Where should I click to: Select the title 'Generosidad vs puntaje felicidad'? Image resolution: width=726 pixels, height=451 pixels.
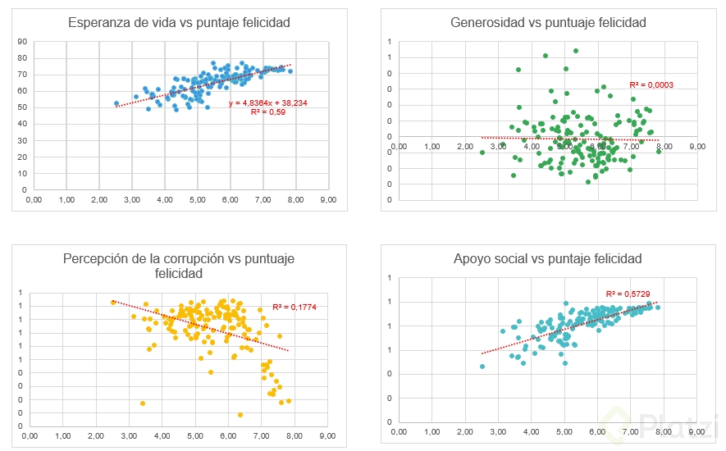[x=548, y=22]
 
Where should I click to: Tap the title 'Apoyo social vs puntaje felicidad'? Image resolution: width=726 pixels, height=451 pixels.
[x=547, y=259]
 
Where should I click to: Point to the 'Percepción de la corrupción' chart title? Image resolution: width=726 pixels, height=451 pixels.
[x=179, y=266]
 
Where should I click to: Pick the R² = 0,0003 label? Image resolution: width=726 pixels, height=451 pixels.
[x=651, y=84]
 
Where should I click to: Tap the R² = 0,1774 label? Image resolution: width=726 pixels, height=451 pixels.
[x=294, y=307]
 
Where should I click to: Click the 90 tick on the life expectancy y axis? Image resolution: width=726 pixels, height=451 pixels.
[x=22, y=41]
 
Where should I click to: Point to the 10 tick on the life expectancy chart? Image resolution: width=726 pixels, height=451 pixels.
[x=22, y=173]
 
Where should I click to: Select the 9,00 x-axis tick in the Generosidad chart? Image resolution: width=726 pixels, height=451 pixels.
[x=696, y=146]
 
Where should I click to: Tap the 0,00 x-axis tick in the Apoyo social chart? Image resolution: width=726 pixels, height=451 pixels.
[x=400, y=431]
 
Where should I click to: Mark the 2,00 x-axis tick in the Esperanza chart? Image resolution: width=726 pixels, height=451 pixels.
[x=99, y=198]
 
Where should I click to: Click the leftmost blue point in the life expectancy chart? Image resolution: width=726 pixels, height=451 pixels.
[x=116, y=103]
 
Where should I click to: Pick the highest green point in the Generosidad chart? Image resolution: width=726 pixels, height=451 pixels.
[x=576, y=50]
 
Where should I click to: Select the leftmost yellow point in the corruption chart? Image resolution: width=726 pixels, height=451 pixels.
[x=113, y=303]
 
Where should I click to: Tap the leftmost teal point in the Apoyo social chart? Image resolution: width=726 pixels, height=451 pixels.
[x=482, y=367]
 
